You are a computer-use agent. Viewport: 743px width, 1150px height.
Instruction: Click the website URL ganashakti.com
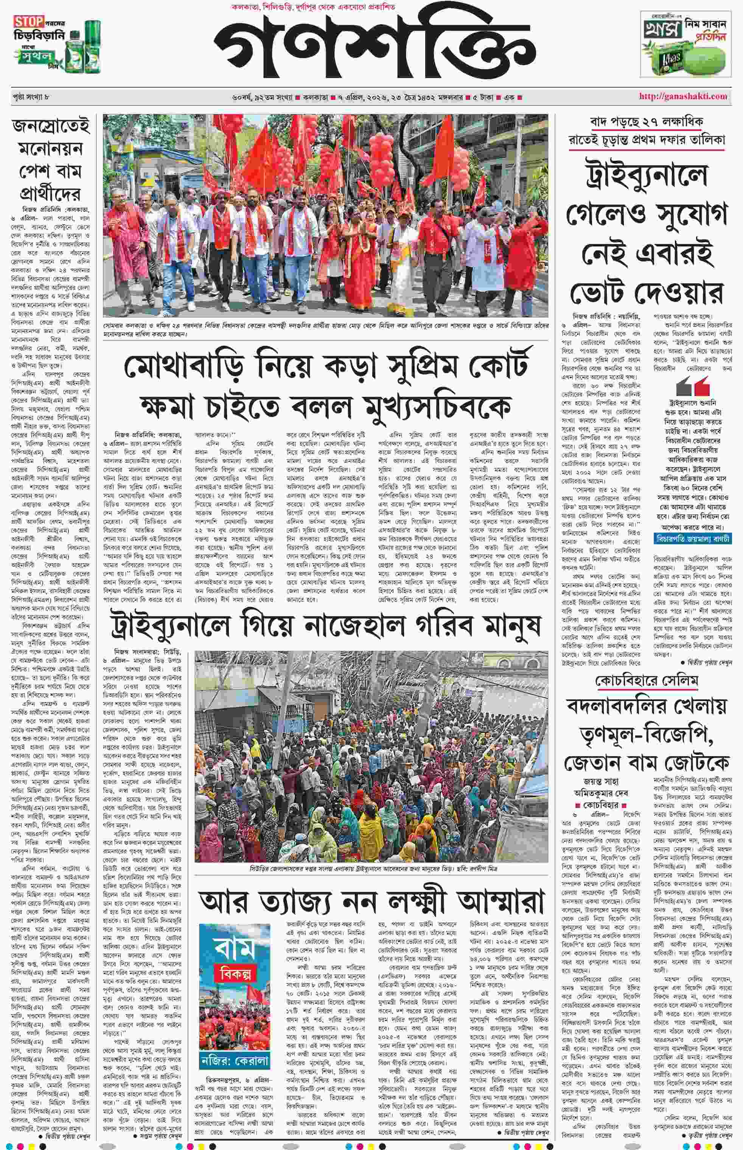(x=683, y=96)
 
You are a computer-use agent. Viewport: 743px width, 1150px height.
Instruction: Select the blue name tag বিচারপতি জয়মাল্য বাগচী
(x=692, y=538)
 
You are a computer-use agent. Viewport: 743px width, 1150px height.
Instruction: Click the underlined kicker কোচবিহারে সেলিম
(x=647, y=681)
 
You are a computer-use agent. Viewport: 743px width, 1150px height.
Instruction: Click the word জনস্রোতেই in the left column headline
(x=51, y=126)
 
